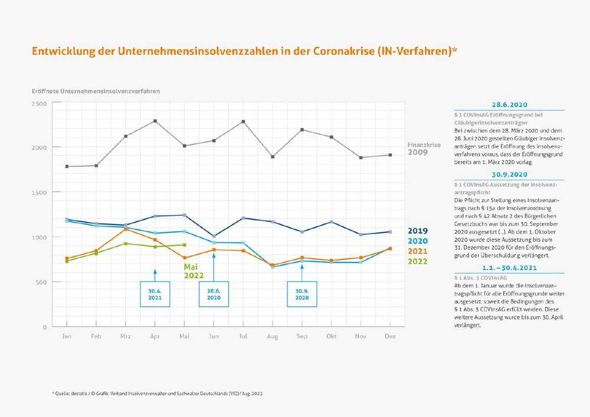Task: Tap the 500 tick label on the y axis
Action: (x=41, y=282)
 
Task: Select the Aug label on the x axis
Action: (x=272, y=336)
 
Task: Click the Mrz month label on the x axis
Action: (x=125, y=336)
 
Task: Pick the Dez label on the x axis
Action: (x=390, y=336)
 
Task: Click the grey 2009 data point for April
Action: (x=155, y=121)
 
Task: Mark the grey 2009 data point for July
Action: (x=243, y=122)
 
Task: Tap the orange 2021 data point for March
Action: (x=125, y=229)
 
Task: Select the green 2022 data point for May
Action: (x=185, y=245)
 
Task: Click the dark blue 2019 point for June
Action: (x=214, y=237)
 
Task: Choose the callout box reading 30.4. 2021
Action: (x=155, y=294)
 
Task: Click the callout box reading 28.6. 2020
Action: (x=214, y=294)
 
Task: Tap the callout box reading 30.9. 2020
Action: (x=301, y=294)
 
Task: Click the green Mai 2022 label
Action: (x=195, y=271)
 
